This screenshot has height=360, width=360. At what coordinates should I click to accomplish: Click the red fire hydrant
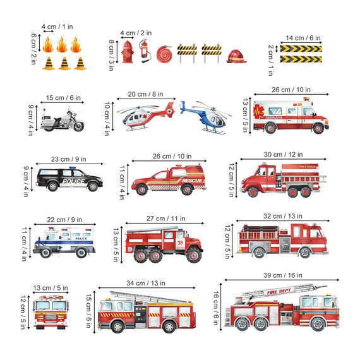click(128, 52)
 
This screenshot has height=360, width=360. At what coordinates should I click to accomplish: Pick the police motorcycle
click(61, 120)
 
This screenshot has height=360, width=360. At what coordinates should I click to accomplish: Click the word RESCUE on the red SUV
click(192, 181)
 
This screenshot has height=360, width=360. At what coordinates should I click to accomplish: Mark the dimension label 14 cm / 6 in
click(303, 38)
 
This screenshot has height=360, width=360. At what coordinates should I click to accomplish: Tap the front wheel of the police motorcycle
click(78, 126)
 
